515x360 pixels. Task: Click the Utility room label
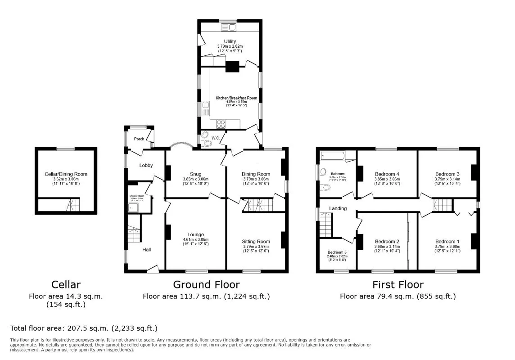click(x=230, y=41)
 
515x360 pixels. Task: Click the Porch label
click(x=139, y=139)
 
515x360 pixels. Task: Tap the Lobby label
click(x=146, y=166)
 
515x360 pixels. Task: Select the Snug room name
click(x=195, y=174)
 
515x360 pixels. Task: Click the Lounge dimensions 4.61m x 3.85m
click(x=196, y=239)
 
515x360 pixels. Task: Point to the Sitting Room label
click(x=256, y=241)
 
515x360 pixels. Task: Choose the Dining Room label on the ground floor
click(x=256, y=174)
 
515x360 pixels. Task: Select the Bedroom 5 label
click(x=337, y=252)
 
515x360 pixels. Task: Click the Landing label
click(x=338, y=208)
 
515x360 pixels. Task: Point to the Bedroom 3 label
click(x=447, y=174)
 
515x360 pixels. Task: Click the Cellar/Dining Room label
click(x=66, y=174)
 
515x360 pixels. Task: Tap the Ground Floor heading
click(x=206, y=284)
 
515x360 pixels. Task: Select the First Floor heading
click(x=398, y=284)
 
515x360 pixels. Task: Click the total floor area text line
click(x=84, y=328)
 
